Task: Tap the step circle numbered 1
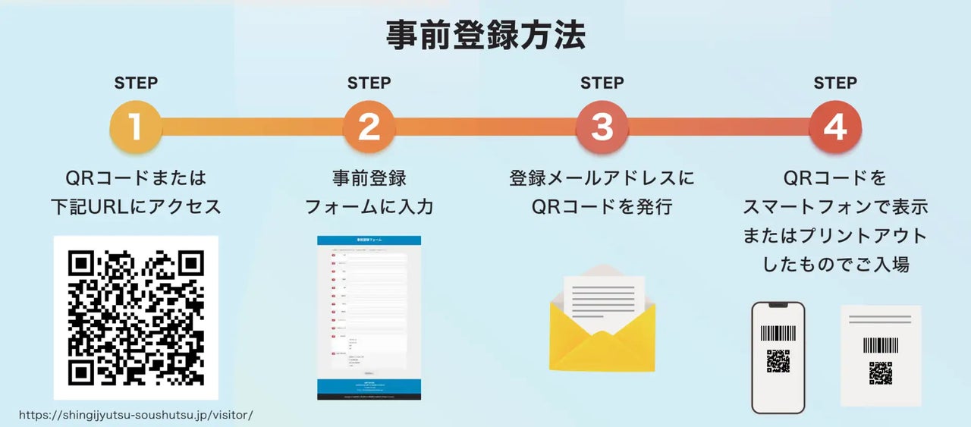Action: [x=136, y=127]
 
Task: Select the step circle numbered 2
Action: [x=369, y=127]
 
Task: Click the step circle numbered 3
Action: [x=602, y=127]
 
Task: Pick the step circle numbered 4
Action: [x=834, y=127]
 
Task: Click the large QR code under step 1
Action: [x=136, y=317]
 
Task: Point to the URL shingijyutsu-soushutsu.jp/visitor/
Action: [x=136, y=415]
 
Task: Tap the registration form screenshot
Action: [x=369, y=317]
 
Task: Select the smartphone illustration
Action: [x=778, y=357]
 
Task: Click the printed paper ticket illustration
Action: [x=881, y=356]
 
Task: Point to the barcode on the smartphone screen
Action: [x=778, y=334]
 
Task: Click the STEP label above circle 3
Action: [x=602, y=83]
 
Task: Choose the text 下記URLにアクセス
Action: [x=136, y=206]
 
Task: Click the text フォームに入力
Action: [x=369, y=206]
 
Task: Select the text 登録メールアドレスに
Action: [x=602, y=178]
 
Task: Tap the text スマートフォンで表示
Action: [x=834, y=206]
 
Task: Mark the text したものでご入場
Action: [x=834, y=265]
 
